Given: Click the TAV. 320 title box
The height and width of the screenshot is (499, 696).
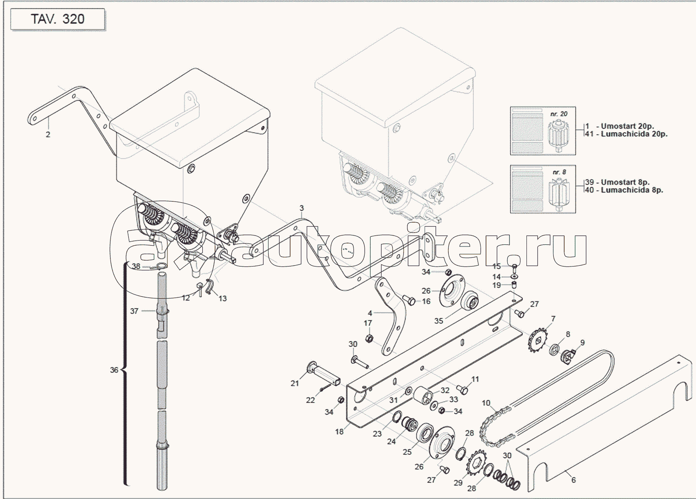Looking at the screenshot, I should tap(58, 20).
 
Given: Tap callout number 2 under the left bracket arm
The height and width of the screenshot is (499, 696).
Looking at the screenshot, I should tap(48, 134).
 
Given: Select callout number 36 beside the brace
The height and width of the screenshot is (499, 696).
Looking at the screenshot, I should tap(114, 370).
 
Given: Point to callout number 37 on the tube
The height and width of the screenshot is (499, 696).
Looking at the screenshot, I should tap(134, 311).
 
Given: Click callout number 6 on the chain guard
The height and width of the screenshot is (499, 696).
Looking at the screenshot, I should tap(574, 480).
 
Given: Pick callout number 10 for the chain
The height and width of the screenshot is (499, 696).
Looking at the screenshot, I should tap(486, 403).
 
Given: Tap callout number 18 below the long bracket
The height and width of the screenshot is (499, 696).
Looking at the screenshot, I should tap(339, 431).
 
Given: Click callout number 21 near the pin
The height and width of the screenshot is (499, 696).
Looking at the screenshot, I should tap(295, 383).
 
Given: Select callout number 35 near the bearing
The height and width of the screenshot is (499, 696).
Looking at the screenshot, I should tap(439, 320).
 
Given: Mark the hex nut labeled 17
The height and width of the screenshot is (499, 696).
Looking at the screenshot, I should tap(369, 339).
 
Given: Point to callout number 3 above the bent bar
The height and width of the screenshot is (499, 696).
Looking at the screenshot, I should tap(302, 208).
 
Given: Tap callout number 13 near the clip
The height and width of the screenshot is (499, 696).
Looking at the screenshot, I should tap(223, 298).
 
